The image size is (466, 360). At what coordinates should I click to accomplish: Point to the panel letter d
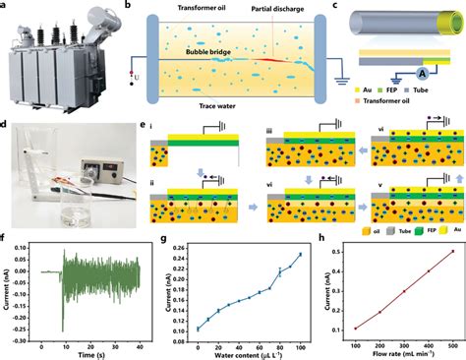pyautogui.click(x=7, y=125)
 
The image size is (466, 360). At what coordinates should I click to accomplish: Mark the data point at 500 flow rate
pyautogui.click(x=453, y=251)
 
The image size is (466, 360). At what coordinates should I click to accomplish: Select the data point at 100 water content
pyautogui.click(x=299, y=255)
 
